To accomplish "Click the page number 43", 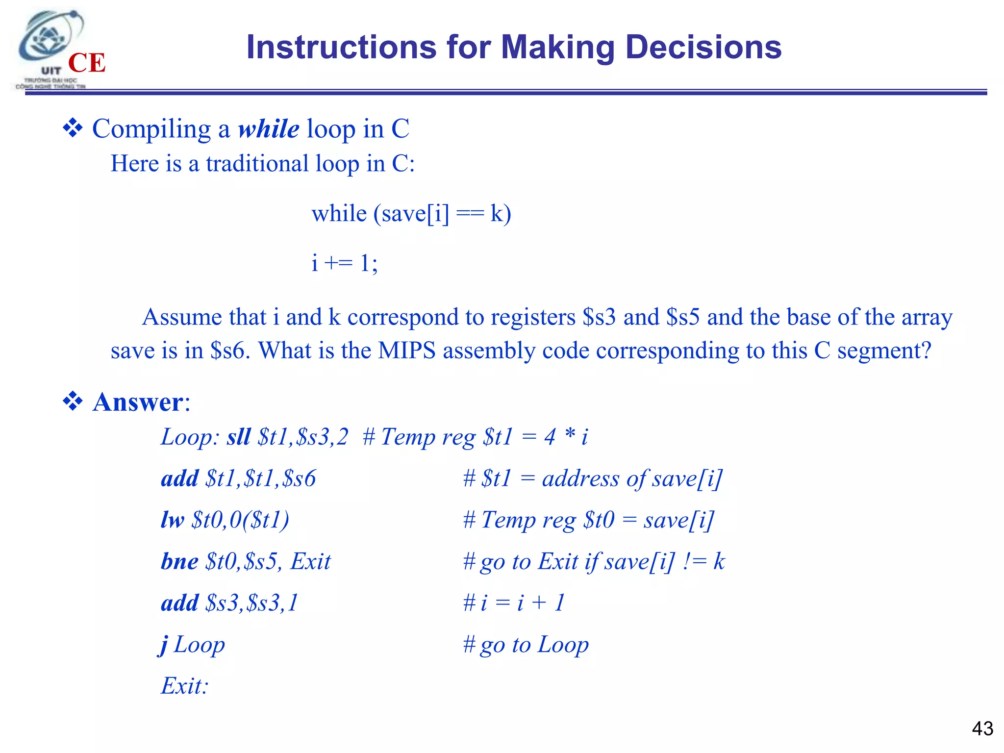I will [x=982, y=728].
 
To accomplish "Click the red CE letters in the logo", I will [x=87, y=63].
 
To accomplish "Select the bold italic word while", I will [x=268, y=129].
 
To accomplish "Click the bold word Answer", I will [x=138, y=402].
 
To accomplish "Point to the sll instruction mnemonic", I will [x=238, y=436].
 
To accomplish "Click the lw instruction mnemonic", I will [x=173, y=520].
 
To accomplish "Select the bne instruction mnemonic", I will [x=179, y=561].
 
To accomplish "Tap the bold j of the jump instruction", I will [x=164, y=645].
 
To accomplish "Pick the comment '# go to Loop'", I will [x=526, y=645].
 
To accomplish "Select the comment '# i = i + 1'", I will [x=514, y=603].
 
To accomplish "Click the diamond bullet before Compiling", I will [x=73, y=128].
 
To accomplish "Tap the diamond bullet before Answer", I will [x=73, y=402].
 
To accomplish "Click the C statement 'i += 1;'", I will [x=345, y=263].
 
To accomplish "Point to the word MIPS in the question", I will [x=406, y=351].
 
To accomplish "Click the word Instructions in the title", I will [x=341, y=48].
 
